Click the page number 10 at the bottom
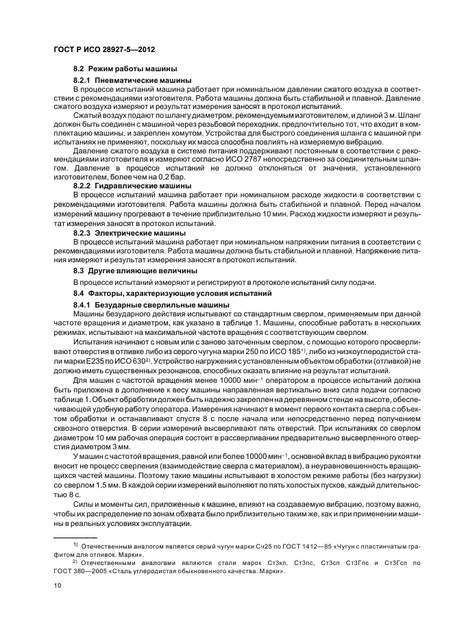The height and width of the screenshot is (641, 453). tap(58, 586)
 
